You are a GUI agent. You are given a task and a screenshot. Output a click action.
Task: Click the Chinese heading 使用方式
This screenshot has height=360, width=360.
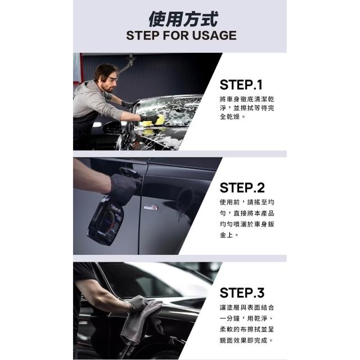[183, 19]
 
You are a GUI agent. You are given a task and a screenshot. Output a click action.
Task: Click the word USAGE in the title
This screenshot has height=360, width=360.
[214, 35]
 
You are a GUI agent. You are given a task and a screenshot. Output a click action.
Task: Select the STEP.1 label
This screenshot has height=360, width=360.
[241, 85]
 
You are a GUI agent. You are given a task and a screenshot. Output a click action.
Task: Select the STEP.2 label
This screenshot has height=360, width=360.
[242, 187]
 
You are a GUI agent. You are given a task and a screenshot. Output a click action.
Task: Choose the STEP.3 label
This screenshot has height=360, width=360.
[242, 292]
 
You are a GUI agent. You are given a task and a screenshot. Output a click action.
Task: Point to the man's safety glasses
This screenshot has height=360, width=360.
[112, 79]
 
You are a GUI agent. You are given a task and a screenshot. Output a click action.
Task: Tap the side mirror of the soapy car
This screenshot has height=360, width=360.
[112, 128]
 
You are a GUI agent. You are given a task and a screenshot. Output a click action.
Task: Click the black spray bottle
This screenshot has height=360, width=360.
[106, 220]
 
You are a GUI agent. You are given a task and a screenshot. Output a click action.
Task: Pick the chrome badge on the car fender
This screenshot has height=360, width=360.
[151, 208]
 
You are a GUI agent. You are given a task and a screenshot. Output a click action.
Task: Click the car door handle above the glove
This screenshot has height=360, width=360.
[129, 172]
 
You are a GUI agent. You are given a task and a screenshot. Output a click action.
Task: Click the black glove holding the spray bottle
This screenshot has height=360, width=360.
[124, 188]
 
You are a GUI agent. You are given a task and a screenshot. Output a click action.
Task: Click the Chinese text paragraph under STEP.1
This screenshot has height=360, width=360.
[247, 108]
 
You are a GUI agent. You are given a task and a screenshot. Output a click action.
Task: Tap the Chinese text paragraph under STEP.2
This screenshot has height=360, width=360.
[247, 219]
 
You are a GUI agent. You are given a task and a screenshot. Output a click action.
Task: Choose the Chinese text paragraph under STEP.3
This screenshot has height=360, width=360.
[247, 324]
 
